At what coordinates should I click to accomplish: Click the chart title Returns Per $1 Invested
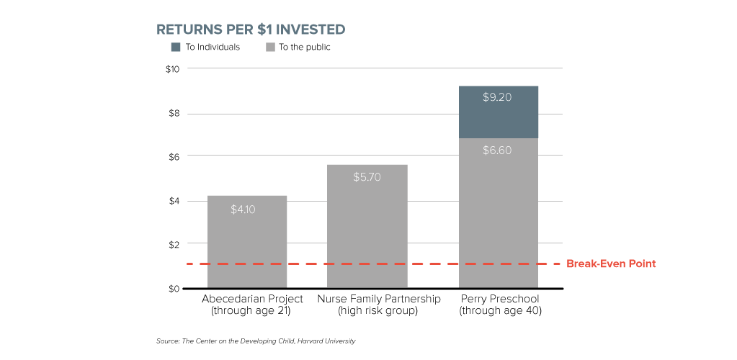click(x=251, y=30)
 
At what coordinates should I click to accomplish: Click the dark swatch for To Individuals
click(x=176, y=48)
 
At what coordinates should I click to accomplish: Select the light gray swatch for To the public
click(x=271, y=48)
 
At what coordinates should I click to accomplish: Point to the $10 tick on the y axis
click(x=172, y=69)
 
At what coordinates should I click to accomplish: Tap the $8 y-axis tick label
click(x=174, y=114)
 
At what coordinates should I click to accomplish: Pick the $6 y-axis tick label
click(x=174, y=156)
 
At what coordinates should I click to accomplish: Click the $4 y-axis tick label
click(x=174, y=201)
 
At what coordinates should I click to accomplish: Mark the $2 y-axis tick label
click(x=174, y=245)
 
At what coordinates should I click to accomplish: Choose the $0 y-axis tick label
click(x=174, y=289)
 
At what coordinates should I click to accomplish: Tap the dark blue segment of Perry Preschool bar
click(x=498, y=112)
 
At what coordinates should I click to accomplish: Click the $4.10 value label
click(x=246, y=210)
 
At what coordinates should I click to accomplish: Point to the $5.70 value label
click(x=367, y=176)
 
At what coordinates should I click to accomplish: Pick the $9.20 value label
click(x=497, y=97)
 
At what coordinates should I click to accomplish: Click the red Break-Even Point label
click(x=611, y=264)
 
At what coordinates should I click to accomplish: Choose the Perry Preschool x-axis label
click(x=499, y=305)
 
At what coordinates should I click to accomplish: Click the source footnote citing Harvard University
click(x=256, y=341)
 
